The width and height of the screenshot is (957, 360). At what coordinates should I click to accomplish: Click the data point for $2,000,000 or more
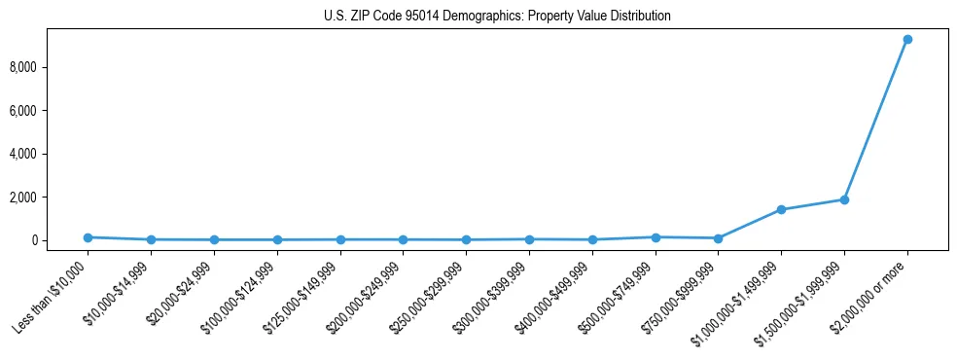pos(906,40)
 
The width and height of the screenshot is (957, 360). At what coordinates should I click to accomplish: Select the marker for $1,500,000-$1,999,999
pos(844,199)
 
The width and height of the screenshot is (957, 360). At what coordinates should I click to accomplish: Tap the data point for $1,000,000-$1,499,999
pos(781,209)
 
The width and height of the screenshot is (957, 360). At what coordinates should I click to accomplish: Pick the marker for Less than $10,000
pos(88,237)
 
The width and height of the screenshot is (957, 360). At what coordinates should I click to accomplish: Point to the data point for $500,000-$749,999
pos(656,237)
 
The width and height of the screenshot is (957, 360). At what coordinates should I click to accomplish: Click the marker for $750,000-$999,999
pos(718,238)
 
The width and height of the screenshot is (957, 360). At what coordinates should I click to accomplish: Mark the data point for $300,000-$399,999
pos(529,239)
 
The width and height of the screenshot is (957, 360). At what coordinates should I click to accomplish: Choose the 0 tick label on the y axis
pos(62,240)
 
